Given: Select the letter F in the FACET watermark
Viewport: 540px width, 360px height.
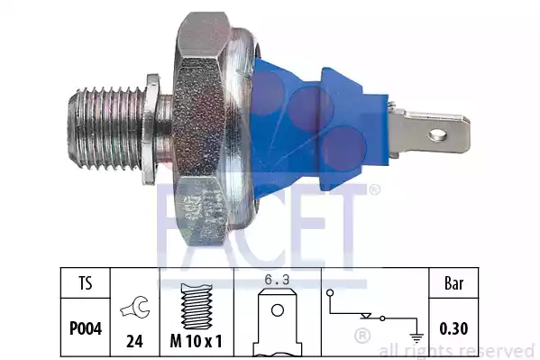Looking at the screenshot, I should click(176, 221).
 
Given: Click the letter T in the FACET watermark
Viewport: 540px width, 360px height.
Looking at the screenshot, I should click(349, 221).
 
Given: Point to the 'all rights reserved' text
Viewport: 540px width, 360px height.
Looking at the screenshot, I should click(456, 350).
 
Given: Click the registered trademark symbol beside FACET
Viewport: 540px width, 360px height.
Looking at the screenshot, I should click(374, 189).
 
